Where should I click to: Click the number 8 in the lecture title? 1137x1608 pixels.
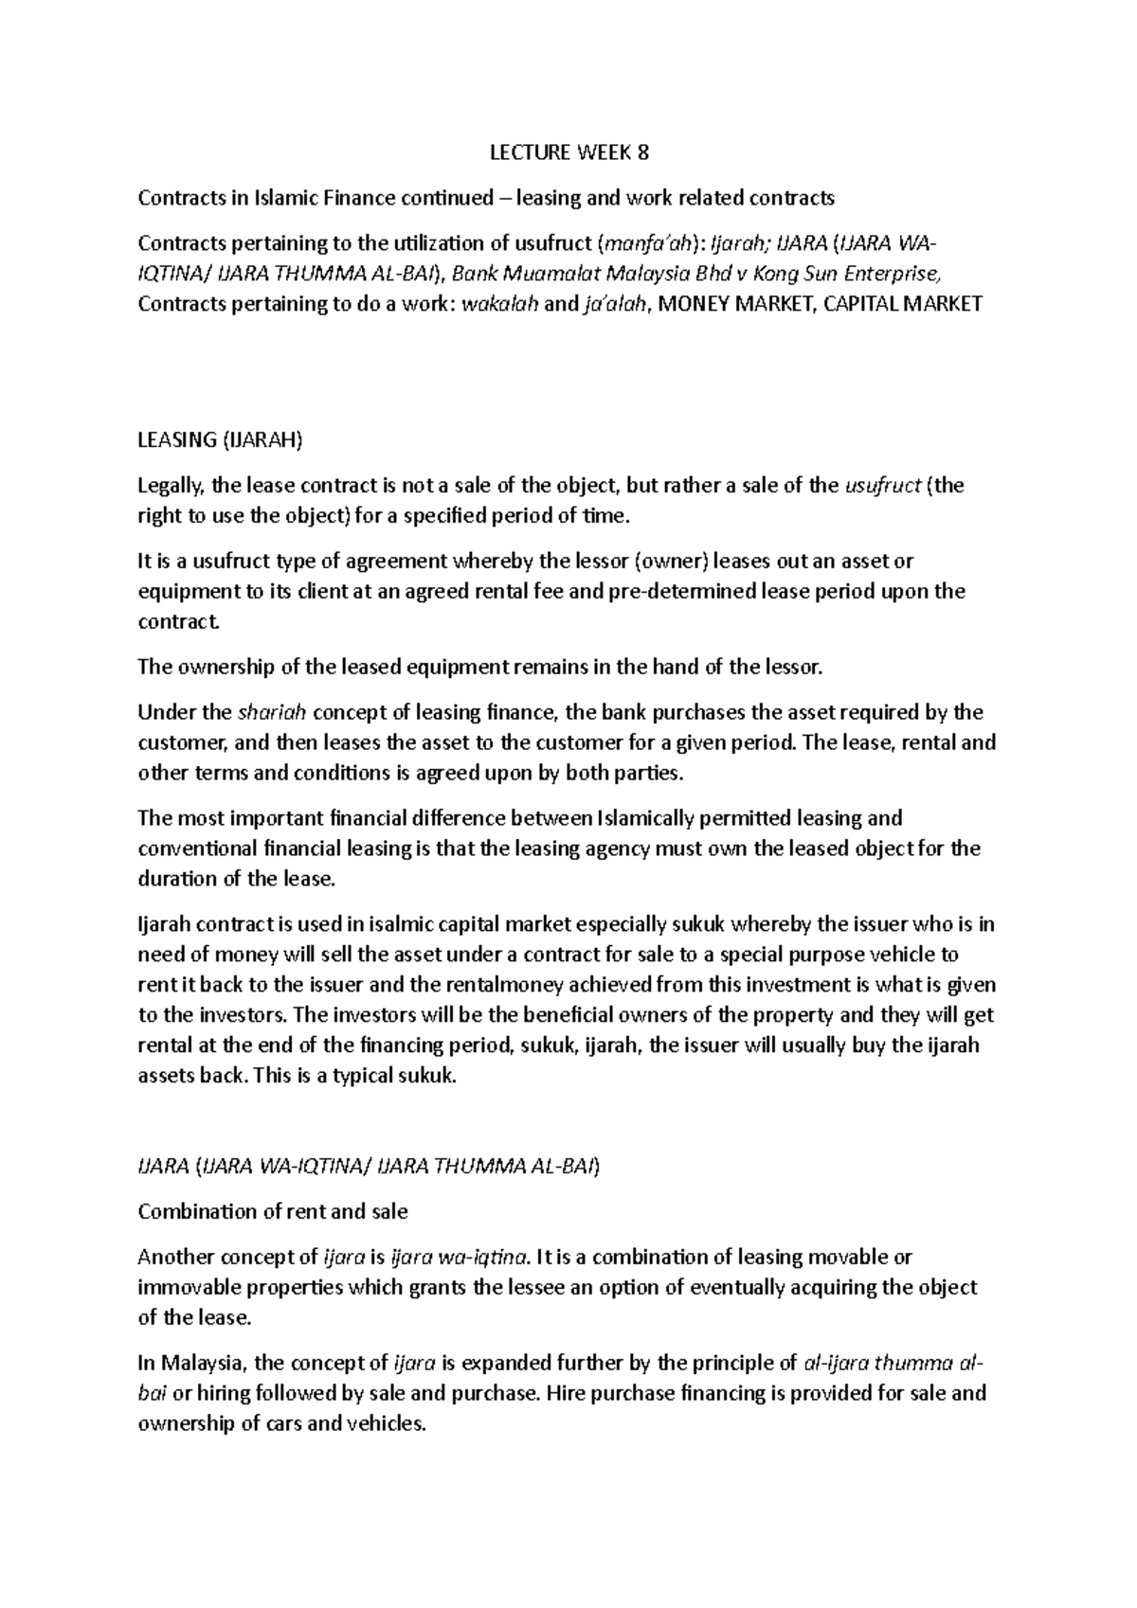(x=644, y=152)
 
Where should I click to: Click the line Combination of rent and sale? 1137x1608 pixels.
(x=273, y=1211)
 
